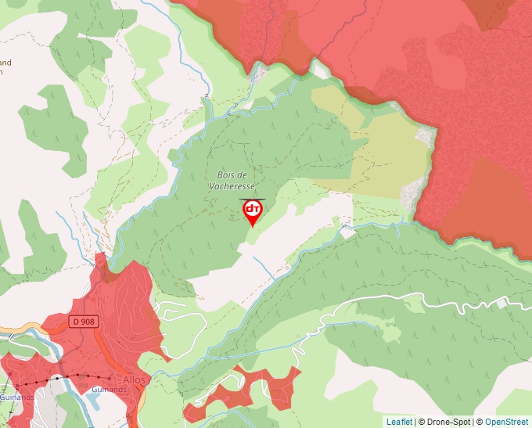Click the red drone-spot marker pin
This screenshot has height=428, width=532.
(253, 211)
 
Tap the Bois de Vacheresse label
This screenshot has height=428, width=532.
(232, 181)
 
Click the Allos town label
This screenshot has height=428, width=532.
(135, 379)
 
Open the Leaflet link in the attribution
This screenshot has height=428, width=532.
(399, 422)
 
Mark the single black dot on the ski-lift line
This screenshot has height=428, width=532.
(57, 378)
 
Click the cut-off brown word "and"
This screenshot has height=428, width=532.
(5, 63)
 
